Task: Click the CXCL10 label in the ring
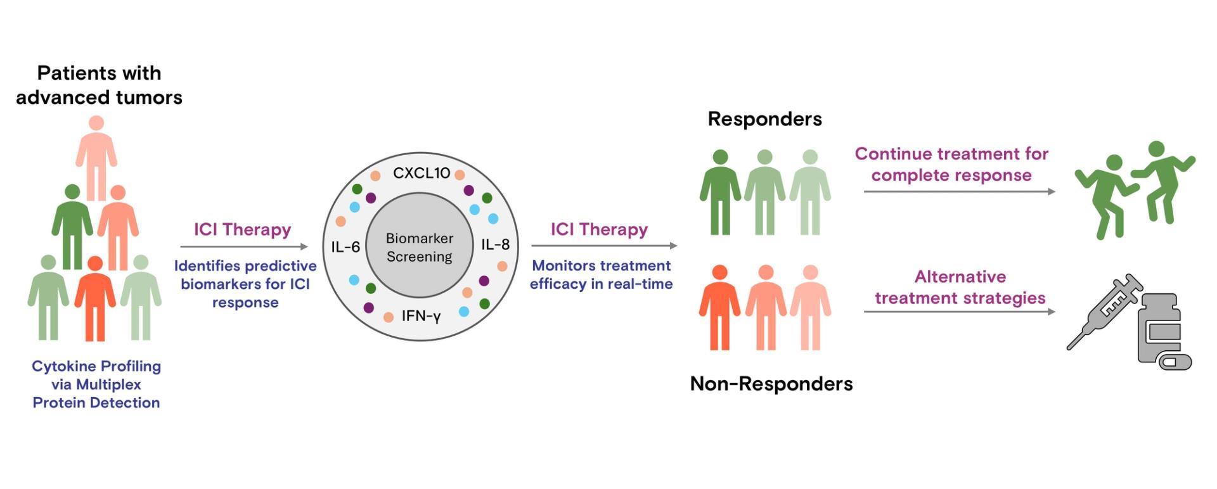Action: (421, 173)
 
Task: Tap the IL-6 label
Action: (345, 246)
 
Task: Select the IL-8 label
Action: (495, 244)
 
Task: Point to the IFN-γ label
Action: (421, 315)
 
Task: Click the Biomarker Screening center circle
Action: (420, 247)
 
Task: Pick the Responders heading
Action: (764, 119)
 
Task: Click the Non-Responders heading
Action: (771, 383)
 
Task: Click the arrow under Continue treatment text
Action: (958, 191)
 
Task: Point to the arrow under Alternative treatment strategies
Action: (958, 312)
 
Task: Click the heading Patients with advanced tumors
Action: (99, 85)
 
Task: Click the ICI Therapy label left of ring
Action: (242, 229)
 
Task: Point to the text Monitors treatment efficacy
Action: (601, 274)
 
